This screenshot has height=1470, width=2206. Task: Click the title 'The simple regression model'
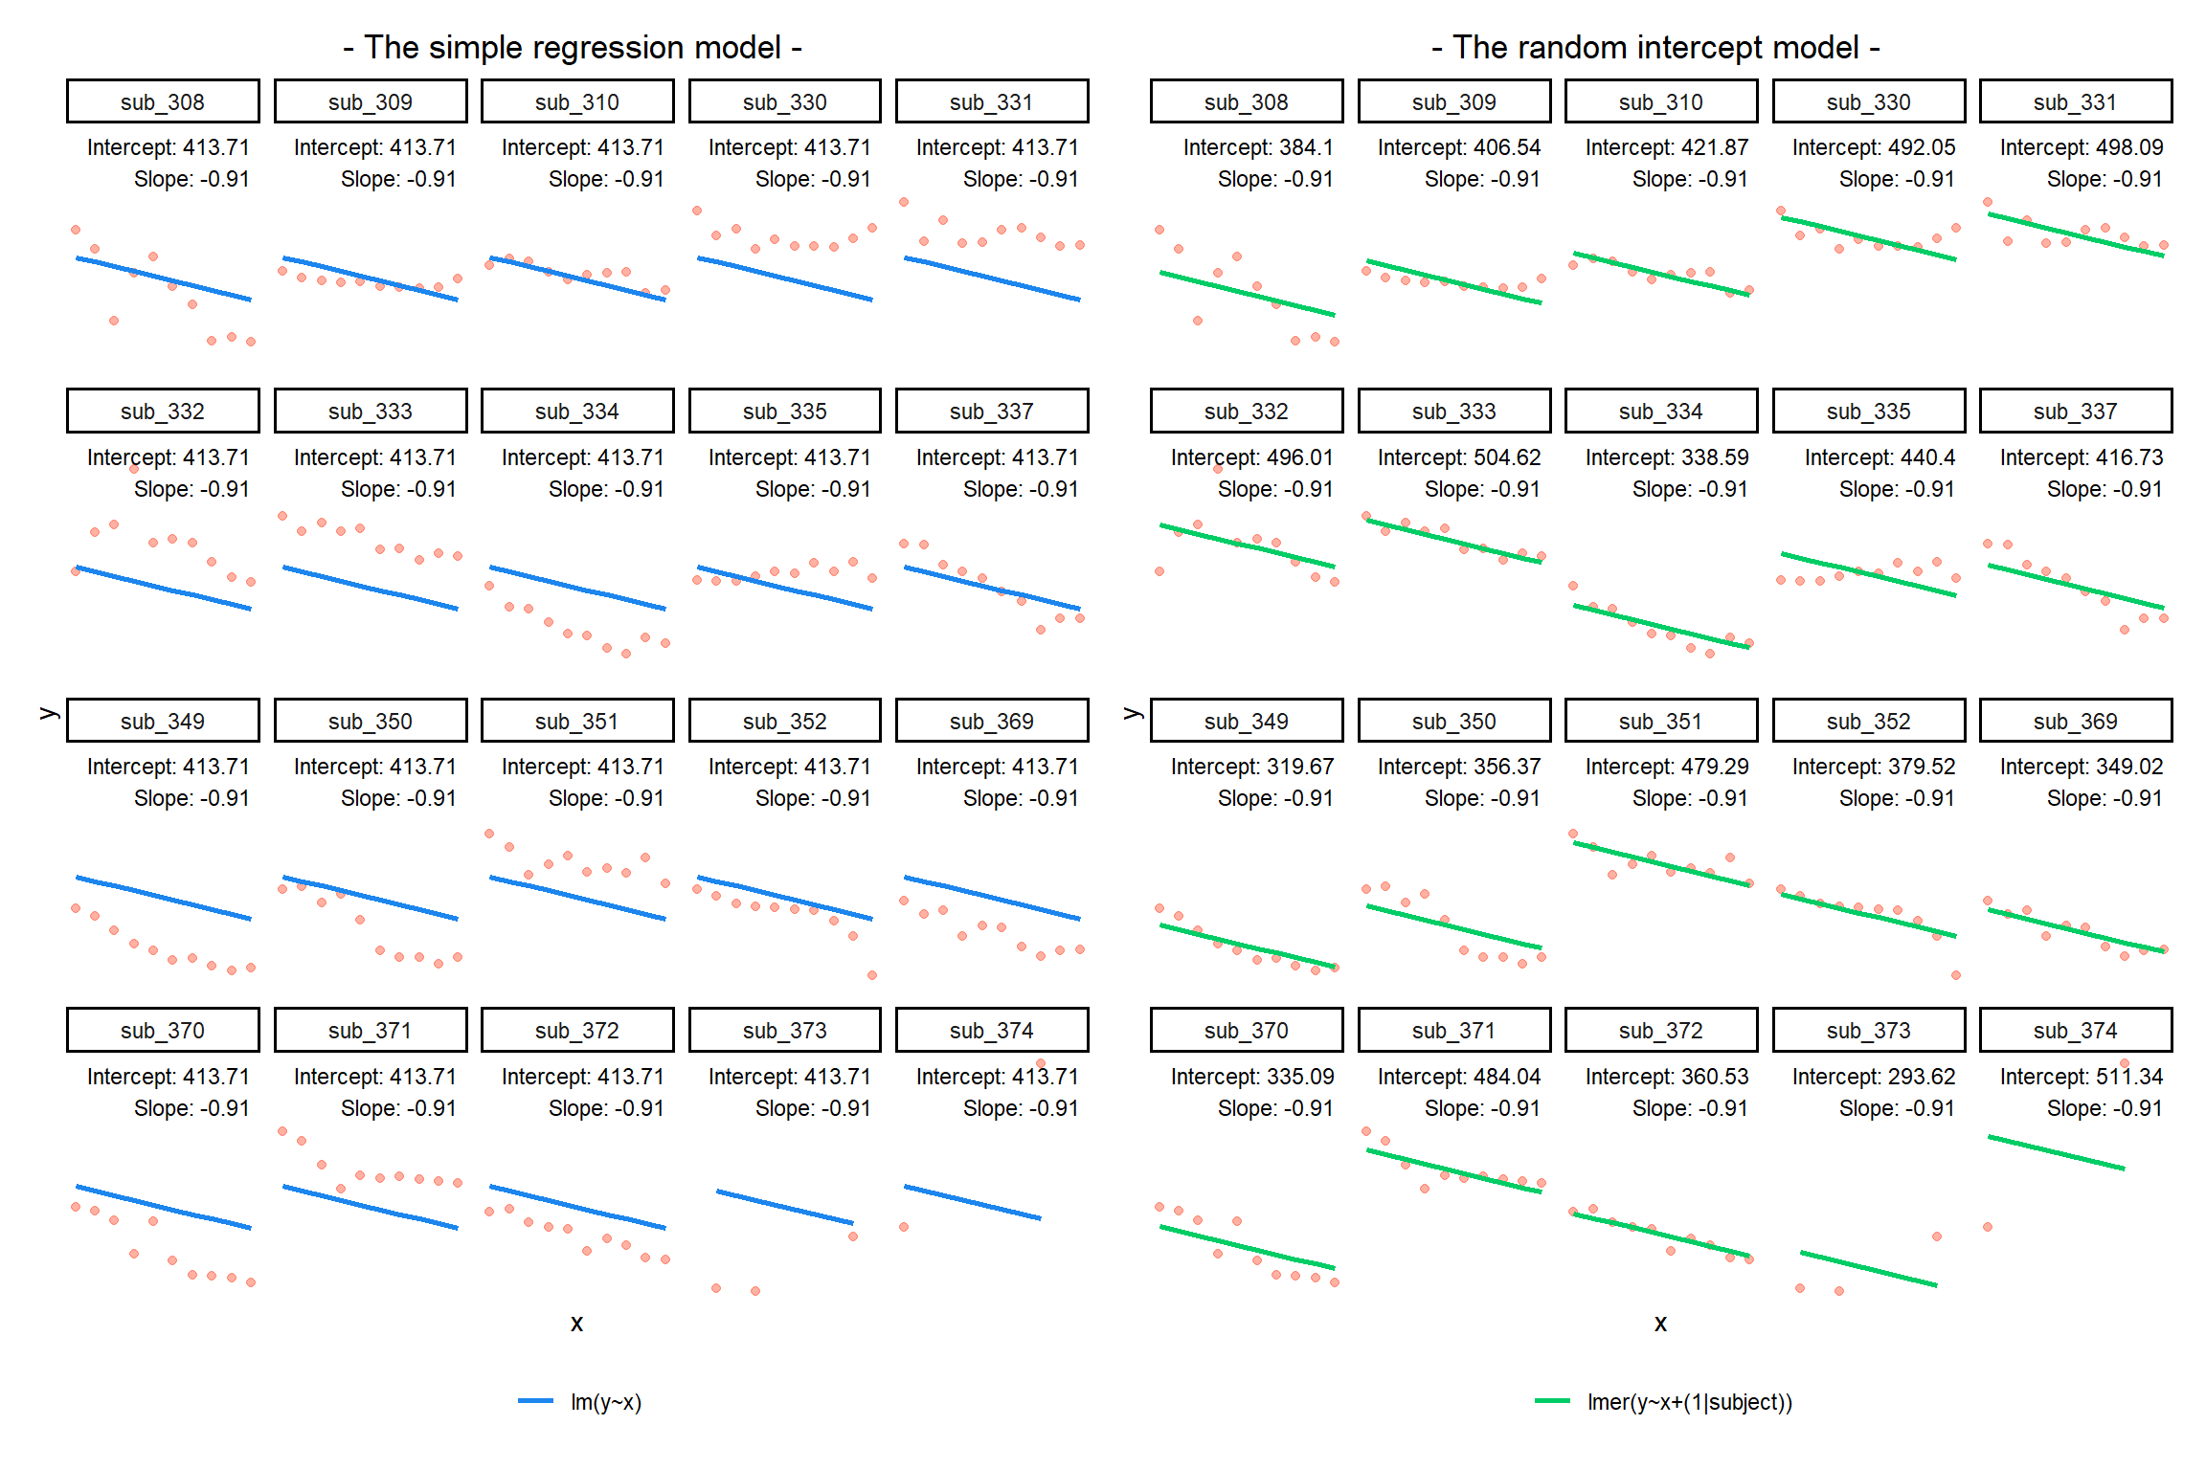tap(573, 47)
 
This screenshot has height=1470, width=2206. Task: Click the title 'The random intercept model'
tap(1655, 47)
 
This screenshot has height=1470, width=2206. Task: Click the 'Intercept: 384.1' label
tap(1257, 147)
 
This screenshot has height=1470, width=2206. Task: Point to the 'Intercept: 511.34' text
tap(2081, 1077)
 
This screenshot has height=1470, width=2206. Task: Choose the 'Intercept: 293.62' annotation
tap(1874, 1077)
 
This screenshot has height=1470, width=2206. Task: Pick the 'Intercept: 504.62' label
tap(1459, 457)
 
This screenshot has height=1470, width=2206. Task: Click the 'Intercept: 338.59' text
tap(1667, 457)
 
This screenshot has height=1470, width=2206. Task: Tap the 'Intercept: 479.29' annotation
tap(1667, 767)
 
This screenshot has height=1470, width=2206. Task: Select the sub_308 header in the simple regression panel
tap(163, 101)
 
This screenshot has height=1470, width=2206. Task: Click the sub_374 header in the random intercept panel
tap(2076, 1030)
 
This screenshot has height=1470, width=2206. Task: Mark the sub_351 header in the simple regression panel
tap(577, 721)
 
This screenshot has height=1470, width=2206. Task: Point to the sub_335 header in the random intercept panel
tap(1868, 411)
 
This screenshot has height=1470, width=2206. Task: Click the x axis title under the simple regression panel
tap(576, 1323)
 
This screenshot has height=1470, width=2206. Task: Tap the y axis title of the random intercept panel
tap(1133, 713)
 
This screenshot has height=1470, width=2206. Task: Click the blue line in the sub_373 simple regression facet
tap(785, 1207)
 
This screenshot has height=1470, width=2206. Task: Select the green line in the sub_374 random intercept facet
tap(2056, 1152)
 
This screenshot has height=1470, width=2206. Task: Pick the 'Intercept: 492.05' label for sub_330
tap(1874, 147)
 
